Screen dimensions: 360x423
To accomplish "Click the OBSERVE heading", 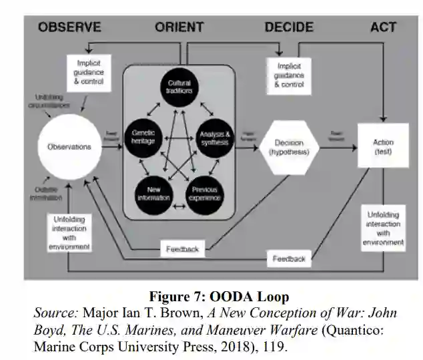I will click(x=69, y=27).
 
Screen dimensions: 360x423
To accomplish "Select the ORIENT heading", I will click(x=179, y=27).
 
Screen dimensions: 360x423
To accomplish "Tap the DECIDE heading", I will click(x=288, y=27).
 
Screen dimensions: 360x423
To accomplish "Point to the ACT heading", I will click(x=383, y=27).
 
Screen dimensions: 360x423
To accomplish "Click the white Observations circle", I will click(x=69, y=146).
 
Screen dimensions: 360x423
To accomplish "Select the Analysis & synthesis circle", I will click(x=214, y=138).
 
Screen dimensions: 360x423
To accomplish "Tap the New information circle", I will click(x=154, y=194).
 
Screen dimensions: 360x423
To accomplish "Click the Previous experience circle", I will click(x=205, y=194).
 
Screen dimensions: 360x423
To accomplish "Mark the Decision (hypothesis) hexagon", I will click(x=287, y=147).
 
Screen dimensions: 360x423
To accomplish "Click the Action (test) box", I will click(x=383, y=147).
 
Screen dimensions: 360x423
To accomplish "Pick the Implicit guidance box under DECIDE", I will click(x=288, y=75).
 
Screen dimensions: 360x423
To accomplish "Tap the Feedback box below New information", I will click(x=181, y=249).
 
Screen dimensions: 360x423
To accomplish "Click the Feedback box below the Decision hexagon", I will click(x=288, y=258).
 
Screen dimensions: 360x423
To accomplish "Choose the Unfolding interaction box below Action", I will click(x=383, y=228).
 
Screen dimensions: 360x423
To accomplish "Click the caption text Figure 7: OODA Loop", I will click(x=218, y=297).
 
